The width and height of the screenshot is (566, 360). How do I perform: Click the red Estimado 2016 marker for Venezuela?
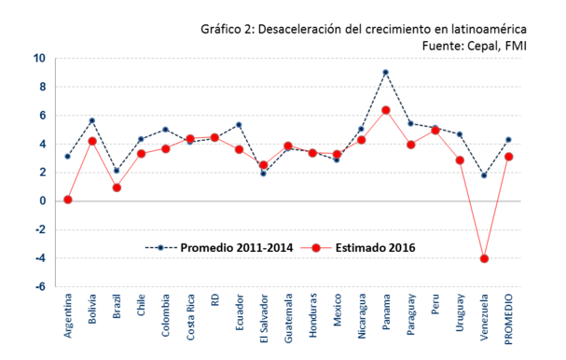[x=484, y=258]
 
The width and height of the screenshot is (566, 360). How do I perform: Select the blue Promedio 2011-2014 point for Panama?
[x=385, y=72]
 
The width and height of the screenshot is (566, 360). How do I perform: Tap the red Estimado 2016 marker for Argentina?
[x=68, y=200]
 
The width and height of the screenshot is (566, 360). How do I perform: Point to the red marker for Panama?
[x=385, y=110]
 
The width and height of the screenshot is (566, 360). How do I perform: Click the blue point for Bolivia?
[x=92, y=120]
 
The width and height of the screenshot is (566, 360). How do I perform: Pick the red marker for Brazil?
[x=117, y=187]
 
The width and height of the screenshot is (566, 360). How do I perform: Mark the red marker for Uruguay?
[x=460, y=159]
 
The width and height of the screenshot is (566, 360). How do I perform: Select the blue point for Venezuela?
[x=484, y=175]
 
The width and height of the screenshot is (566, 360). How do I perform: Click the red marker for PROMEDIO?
[x=508, y=157]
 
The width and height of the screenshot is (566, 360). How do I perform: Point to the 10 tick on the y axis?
[x=39, y=58]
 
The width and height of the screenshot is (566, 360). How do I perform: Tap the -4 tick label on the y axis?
[x=39, y=258]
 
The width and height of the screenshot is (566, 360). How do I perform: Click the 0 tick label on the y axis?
[x=41, y=201]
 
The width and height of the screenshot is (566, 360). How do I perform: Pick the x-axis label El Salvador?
[x=264, y=323]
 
